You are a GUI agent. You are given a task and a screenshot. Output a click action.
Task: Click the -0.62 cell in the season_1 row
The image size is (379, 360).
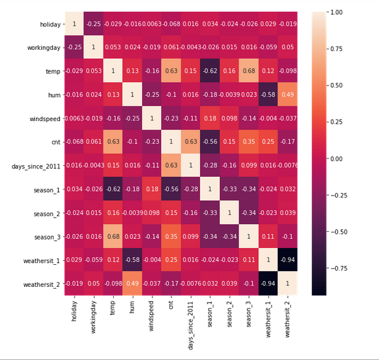tap(113, 189)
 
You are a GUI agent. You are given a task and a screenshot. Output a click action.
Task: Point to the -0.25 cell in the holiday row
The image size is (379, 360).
tap(94, 24)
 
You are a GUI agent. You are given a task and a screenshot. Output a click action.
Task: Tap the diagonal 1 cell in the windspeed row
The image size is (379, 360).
tap(152, 118)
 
